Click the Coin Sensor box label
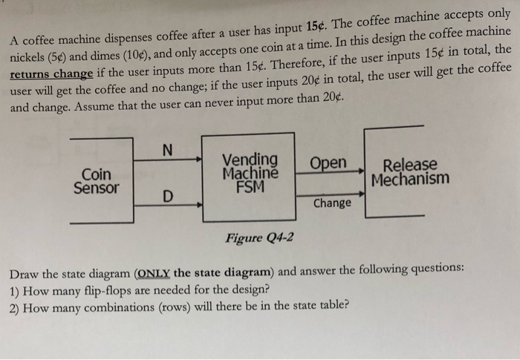pyautogui.click(x=96, y=180)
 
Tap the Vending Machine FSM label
pyautogui.click(x=250, y=173)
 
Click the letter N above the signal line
pyautogui.click(x=167, y=149)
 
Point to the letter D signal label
pyautogui.click(x=168, y=197)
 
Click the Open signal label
pyautogui.click(x=328, y=163)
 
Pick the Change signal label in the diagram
pyautogui.click(x=332, y=203)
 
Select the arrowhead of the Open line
pyautogui.click(x=360, y=170)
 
